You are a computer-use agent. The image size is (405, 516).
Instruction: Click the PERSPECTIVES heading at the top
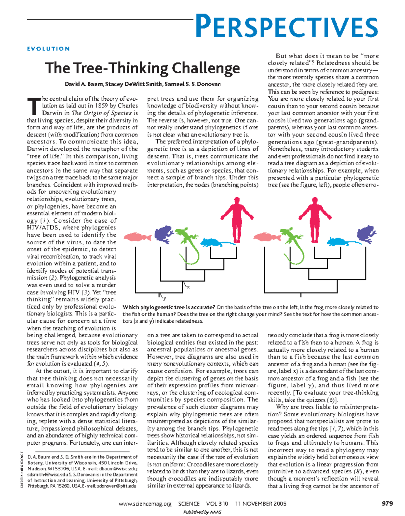(287, 26)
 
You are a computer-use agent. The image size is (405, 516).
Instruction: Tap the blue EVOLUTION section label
(48, 49)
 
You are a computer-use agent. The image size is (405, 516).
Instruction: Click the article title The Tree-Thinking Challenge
(142, 68)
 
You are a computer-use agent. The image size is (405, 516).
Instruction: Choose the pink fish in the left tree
(137, 237)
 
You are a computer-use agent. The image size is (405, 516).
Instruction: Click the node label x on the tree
(188, 287)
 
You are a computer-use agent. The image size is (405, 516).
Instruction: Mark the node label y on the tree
(164, 298)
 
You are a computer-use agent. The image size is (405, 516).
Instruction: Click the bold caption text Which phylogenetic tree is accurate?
(169, 307)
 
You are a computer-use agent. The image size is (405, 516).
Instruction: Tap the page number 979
(387, 503)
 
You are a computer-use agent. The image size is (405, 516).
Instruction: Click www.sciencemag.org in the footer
(145, 503)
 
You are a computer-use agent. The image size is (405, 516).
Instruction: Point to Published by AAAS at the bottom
(202, 512)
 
